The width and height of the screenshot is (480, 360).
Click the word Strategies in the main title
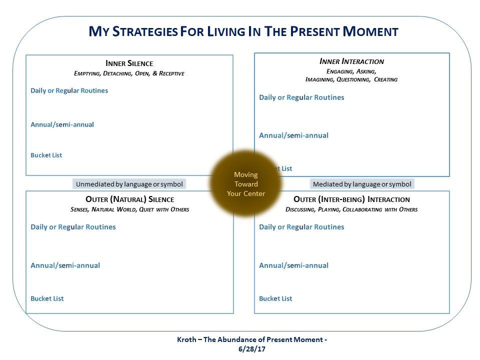145,31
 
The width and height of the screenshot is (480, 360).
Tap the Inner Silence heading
129,63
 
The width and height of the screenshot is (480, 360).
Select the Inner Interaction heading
351,61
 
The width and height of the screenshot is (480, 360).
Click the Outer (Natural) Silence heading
130,199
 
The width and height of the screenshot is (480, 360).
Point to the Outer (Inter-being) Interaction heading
351,199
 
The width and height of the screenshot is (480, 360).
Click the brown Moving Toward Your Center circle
245,183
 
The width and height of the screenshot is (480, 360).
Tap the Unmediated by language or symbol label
129,184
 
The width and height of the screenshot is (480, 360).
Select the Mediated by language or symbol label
362,184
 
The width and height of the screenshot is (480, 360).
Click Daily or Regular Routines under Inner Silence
69,90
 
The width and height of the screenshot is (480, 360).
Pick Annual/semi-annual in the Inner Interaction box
293,135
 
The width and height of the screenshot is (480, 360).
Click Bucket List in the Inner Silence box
46,155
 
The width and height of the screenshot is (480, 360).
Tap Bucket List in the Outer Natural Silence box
47,298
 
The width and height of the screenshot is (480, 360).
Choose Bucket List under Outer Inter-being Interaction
275,298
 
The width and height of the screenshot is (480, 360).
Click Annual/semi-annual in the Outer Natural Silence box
65,265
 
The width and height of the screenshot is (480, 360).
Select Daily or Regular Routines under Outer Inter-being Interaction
301,227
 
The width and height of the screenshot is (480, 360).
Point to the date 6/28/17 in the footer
252,349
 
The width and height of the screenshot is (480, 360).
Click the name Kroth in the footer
186,339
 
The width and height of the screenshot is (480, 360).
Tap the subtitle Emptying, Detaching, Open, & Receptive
129,73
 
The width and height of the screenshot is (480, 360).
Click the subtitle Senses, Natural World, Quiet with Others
130,209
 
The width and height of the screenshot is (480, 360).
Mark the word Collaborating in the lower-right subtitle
362,209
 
